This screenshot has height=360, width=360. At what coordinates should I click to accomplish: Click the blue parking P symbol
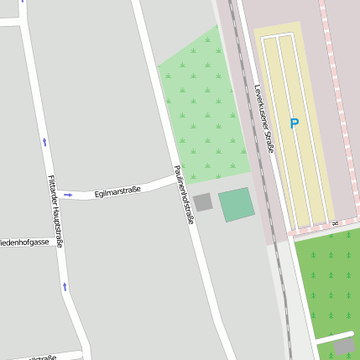[294, 123]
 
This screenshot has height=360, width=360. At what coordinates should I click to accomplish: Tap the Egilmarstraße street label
[117, 191]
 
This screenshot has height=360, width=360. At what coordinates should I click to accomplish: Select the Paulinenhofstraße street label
[184, 194]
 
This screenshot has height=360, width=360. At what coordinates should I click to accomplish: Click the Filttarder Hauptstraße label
[55, 211]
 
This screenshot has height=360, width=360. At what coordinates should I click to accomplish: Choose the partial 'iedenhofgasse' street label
[24, 242]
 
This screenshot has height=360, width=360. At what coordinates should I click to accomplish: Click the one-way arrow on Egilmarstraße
[68, 195]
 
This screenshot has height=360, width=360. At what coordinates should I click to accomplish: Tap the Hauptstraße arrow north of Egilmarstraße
[44, 141]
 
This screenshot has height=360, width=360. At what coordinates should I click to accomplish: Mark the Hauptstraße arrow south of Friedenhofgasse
[65, 287]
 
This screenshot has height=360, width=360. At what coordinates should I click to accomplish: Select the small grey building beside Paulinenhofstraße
[202, 202]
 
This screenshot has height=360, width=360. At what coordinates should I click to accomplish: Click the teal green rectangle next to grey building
[236, 205]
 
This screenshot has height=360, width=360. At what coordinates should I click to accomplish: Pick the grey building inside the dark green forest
[344, 346]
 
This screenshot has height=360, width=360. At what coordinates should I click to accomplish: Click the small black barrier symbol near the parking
[334, 223]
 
